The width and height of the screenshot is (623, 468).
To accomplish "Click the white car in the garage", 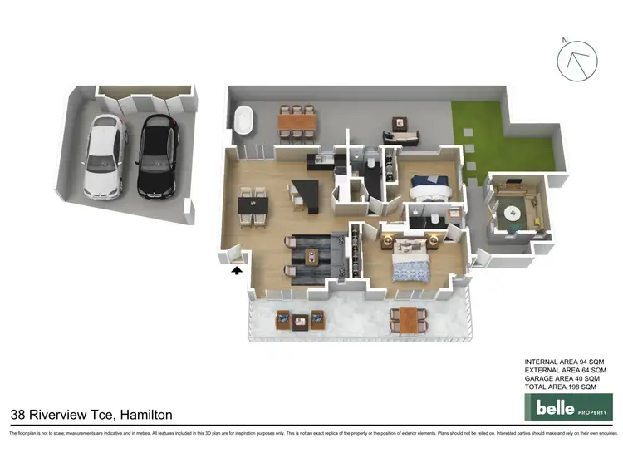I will [104, 156].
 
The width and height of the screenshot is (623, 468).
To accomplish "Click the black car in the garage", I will [155, 156].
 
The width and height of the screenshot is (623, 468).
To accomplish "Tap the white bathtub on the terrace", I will [244, 120].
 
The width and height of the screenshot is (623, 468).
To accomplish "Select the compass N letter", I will [565, 40].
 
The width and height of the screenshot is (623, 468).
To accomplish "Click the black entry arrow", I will [236, 269].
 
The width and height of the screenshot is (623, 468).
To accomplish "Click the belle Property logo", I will [568, 408].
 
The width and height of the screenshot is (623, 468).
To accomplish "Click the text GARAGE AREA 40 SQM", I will [562, 379].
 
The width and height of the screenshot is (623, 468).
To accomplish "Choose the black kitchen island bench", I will [303, 196].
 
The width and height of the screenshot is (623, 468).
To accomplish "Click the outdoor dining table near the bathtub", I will [297, 122].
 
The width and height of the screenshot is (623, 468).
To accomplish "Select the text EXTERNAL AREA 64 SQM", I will [566, 370].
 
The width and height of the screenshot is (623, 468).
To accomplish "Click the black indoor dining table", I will [252, 204].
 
